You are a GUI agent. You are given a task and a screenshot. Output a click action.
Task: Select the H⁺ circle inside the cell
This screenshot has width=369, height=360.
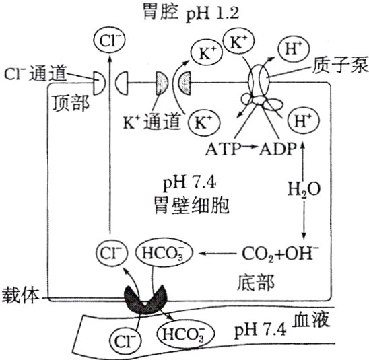pos(300,122)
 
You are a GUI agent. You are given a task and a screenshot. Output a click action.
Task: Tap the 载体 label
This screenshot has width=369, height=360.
pos(20,295)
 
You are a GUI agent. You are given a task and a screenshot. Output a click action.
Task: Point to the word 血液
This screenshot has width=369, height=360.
pos(311,322)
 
